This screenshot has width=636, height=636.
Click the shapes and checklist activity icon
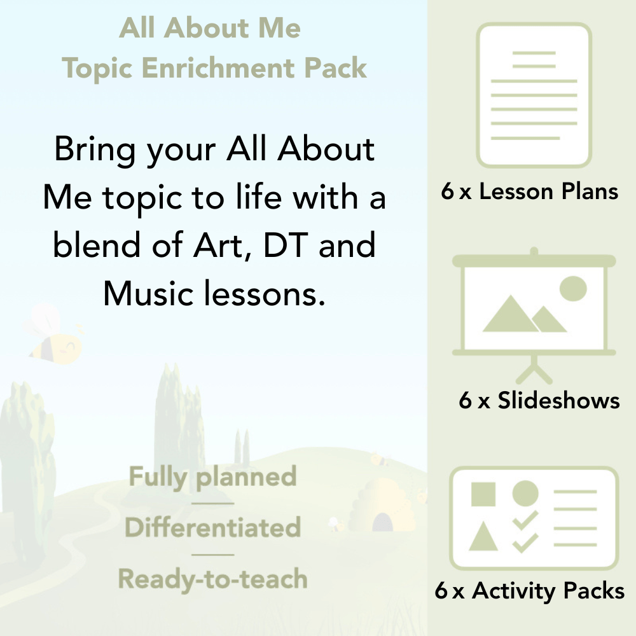click(x=534, y=518)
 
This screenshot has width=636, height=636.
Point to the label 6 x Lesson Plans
click(x=530, y=191)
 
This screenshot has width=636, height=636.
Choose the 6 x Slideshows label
click(x=539, y=401)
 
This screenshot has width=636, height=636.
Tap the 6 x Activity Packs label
click(x=530, y=591)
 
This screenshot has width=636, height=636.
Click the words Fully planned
click(x=212, y=477)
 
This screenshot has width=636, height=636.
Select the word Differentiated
click(x=212, y=528)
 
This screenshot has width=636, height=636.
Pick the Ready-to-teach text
click(x=212, y=579)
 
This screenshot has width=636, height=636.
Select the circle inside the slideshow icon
click(x=572, y=288)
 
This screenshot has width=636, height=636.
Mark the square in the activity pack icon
click(x=483, y=494)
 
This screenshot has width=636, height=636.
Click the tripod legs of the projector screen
click(x=534, y=369)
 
